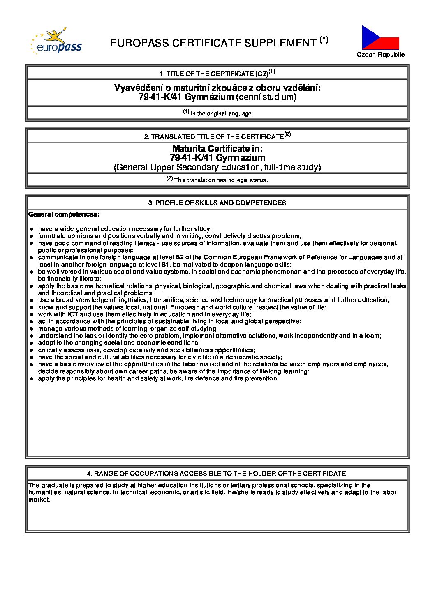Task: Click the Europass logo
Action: [56, 41]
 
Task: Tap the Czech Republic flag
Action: [380, 38]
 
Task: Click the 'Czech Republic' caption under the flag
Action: [380, 55]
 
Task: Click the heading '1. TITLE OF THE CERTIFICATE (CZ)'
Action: [217, 74]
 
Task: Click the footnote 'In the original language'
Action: [221, 113]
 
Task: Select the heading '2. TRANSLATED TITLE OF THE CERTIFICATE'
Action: [217, 136]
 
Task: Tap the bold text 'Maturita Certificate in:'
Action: [217, 149]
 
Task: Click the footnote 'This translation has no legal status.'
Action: [221, 180]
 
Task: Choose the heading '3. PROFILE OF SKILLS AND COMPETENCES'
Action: [217, 203]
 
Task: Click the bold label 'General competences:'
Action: [64, 214]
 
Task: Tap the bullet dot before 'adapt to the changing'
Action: [32, 343]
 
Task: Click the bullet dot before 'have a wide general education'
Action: [32, 229]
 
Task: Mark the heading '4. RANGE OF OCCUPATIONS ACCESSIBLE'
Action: [217, 474]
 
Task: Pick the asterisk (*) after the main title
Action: [324, 40]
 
